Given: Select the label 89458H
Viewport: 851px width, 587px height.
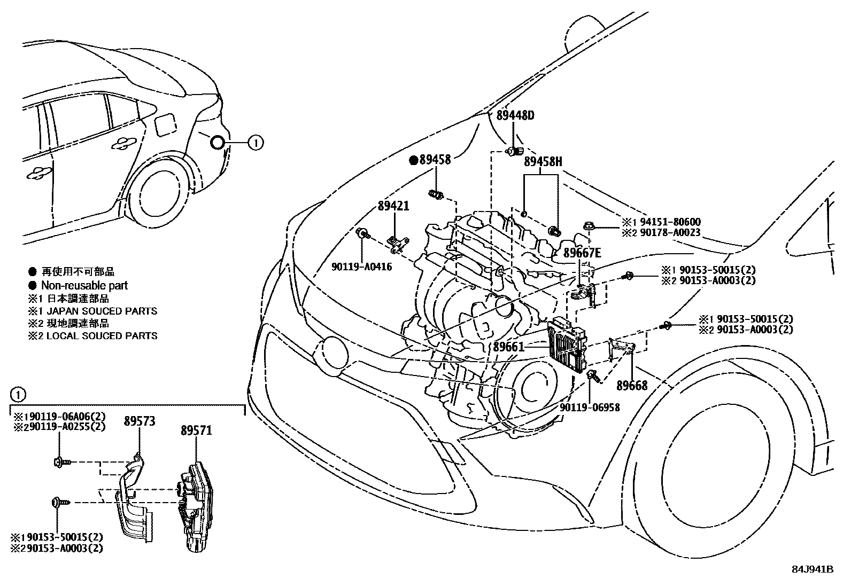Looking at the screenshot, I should tap(543, 162).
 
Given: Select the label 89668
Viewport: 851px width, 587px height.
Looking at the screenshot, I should tap(632, 385).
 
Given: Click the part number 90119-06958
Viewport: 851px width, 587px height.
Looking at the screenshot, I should tap(590, 408).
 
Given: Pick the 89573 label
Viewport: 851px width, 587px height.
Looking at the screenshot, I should tap(140, 421).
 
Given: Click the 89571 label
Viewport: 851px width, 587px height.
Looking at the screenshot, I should tap(197, 429).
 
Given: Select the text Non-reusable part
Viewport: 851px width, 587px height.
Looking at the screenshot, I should tap(84, 286).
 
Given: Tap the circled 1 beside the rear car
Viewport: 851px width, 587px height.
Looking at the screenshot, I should tap(256, 143).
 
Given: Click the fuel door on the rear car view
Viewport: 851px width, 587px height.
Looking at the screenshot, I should tap(163, 126).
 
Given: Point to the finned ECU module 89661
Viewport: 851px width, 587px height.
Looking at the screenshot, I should tap(567, 346).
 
